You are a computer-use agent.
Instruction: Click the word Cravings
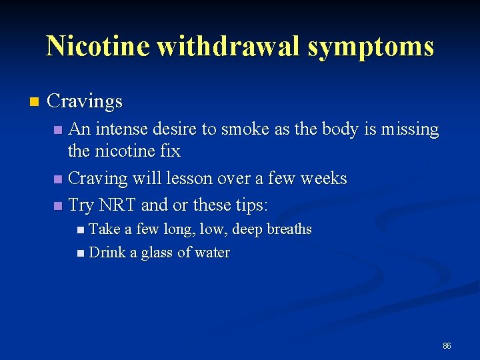click(x=85, y=102)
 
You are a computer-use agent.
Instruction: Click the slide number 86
click(x=447, y=346)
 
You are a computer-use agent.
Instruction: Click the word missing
click(x=409, y=129)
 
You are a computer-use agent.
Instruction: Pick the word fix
click(x=171, y=151)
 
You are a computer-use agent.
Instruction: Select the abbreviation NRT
click(x=121, y=205)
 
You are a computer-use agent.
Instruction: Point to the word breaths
click(x=289, y=229)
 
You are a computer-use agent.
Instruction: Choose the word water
click(x=213, y=253)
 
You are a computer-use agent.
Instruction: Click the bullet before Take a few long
click(x=81, y=230)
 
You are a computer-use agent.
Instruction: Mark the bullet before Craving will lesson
click(x=59, y=179)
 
